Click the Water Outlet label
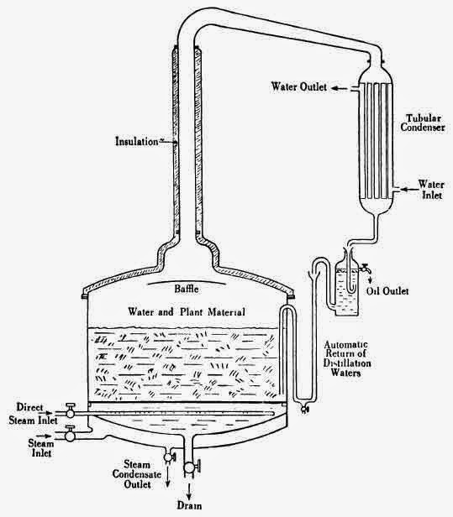click(x=301, y=86)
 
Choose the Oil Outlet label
click(x=387, y=291)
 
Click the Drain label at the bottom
click(x=191, y=507)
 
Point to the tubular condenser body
click(x=372, y=139)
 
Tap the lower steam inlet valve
click(x=71, y=435)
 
